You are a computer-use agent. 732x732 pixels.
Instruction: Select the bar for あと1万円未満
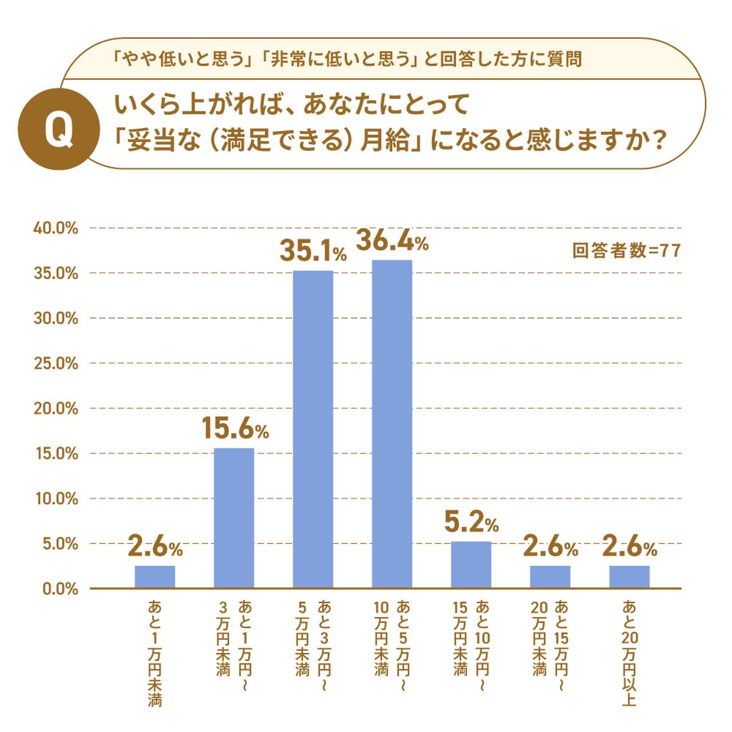pos(155,576)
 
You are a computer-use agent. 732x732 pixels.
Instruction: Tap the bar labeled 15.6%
pos(234,518)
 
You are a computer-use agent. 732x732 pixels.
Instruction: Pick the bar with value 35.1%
pos(313,429)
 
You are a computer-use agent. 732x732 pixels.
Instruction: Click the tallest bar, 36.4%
pos(392,423)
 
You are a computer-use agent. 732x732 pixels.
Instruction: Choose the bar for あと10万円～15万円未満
pos(471,564)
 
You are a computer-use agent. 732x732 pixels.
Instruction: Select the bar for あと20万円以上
pos(629,576)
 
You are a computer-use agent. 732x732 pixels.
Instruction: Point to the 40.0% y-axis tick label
pos(55,228)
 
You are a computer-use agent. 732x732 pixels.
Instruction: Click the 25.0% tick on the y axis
pos(55,364)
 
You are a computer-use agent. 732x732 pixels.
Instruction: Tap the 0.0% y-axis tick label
pos(59,589)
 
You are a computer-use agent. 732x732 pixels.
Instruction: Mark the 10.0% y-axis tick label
pos(56,499)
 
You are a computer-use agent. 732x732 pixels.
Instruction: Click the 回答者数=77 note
pos(626,250)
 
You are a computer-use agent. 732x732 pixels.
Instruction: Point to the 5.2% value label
pos(471,522)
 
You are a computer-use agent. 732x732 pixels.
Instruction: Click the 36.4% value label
pos(392,241)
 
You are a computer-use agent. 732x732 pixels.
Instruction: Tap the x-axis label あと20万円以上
pos(629,652)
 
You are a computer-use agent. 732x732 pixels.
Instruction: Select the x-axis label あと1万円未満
pos(155,652)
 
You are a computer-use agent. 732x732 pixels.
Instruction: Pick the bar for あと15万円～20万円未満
pos(550,576)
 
